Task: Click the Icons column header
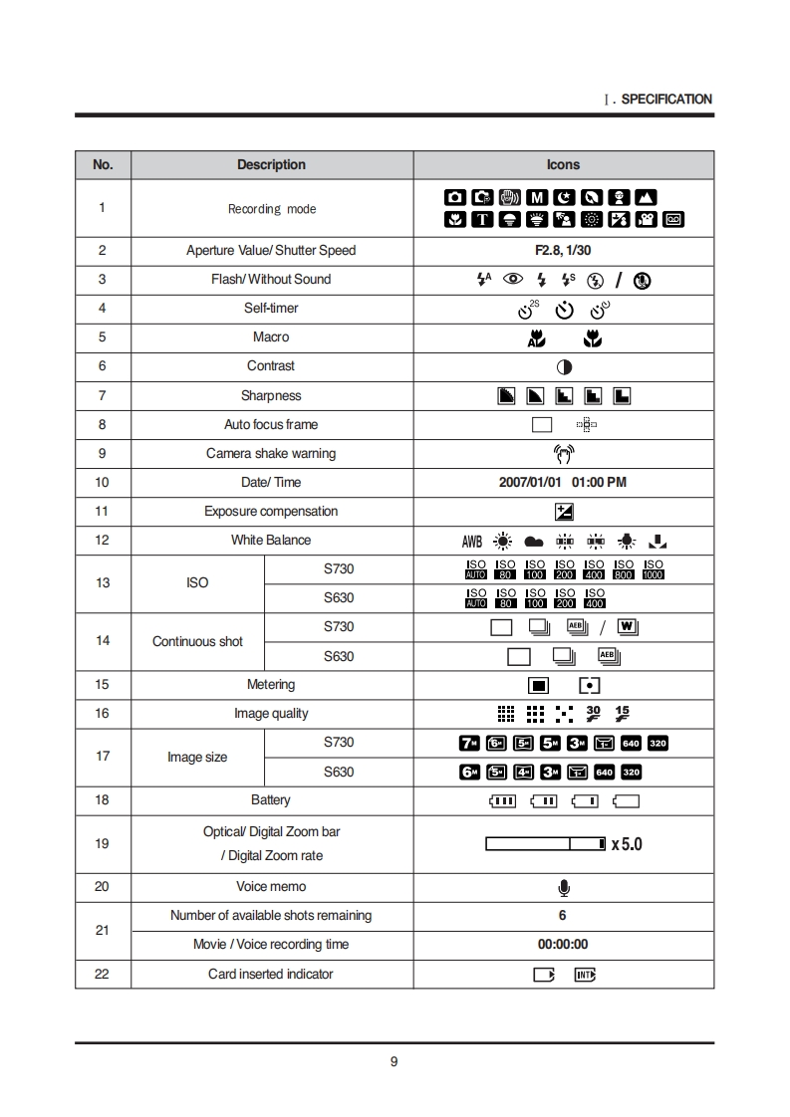tap(563, 164)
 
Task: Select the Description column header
tap(271, 164)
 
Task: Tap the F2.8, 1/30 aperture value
tap(563, 250)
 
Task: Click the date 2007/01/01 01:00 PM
tap(563, 482)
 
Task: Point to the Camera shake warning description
tap(271, 453)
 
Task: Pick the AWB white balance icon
tap(471, 542)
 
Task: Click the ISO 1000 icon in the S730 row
tap(654, 569)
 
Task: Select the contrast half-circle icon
tap(564, 366)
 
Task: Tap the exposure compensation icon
tap(564, 512)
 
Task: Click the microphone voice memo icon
tap(564, 887)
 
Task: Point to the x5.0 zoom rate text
tap(627, 844)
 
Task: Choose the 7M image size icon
tap(468, 743)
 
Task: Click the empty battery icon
tap(627, 800)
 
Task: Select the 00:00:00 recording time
tap(563, 944)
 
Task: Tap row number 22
tap(102, 974)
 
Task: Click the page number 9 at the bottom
tap(395, 1061)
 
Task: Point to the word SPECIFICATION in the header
tap(666, 100)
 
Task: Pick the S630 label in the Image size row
tap(339, 772)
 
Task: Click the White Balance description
tap(271, 540)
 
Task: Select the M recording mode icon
tap(536, 197)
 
